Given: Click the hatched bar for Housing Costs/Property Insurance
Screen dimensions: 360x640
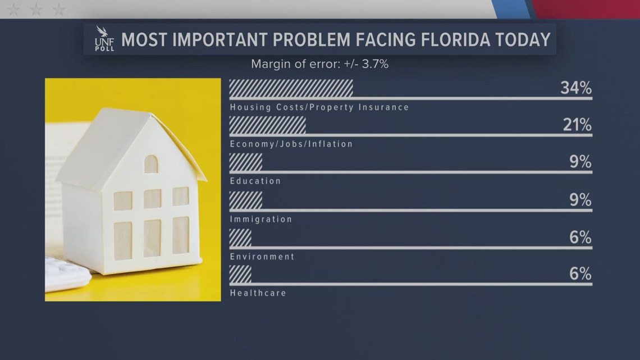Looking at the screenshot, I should [x=291, y=88].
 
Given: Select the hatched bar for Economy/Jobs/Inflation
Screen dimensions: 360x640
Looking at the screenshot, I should [x=267, y=125].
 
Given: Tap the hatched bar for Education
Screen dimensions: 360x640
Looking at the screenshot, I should [x=246, y=162].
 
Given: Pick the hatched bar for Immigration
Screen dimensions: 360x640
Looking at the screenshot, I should [x=246, y=199].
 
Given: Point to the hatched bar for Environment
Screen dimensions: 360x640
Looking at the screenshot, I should [x=240, y=237].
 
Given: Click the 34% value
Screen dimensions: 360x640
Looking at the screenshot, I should [x=575, y=88].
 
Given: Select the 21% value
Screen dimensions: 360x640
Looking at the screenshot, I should [x=577, y=125].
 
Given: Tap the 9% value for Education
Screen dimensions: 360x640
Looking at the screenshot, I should [x=580, y=162].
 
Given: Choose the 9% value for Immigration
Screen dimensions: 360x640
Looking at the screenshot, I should [x=580, y=199].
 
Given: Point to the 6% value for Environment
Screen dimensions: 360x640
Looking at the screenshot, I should [x=580, y=237].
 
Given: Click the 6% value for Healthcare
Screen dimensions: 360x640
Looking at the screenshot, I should [x=580, y=274].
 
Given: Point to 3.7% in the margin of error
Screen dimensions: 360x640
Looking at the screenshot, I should [x=373, y=64].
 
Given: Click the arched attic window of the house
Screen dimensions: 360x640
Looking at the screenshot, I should [x=151, y=164].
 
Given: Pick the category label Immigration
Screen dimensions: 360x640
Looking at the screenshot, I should [x=261, y=219].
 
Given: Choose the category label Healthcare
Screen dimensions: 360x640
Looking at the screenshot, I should [x=258, y=293].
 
